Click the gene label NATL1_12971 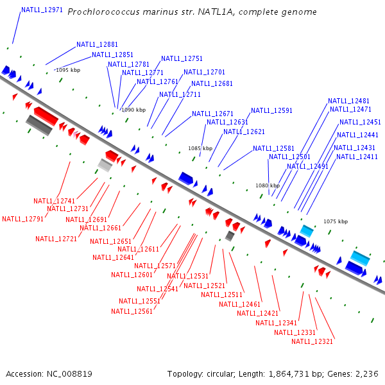click(42, 10)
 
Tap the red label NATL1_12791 click(22, 219)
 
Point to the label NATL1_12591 click(271, 110)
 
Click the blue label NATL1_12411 click(357, 157)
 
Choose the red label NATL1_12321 click(312, 341)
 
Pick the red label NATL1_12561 click(132, 311)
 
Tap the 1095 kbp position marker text click(68, 70)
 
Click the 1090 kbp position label click(133, 110)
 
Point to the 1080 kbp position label click(268, 185)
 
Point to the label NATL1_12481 click(348, 101)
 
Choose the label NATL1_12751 click(182, 58)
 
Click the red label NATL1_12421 click(257, 313)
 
